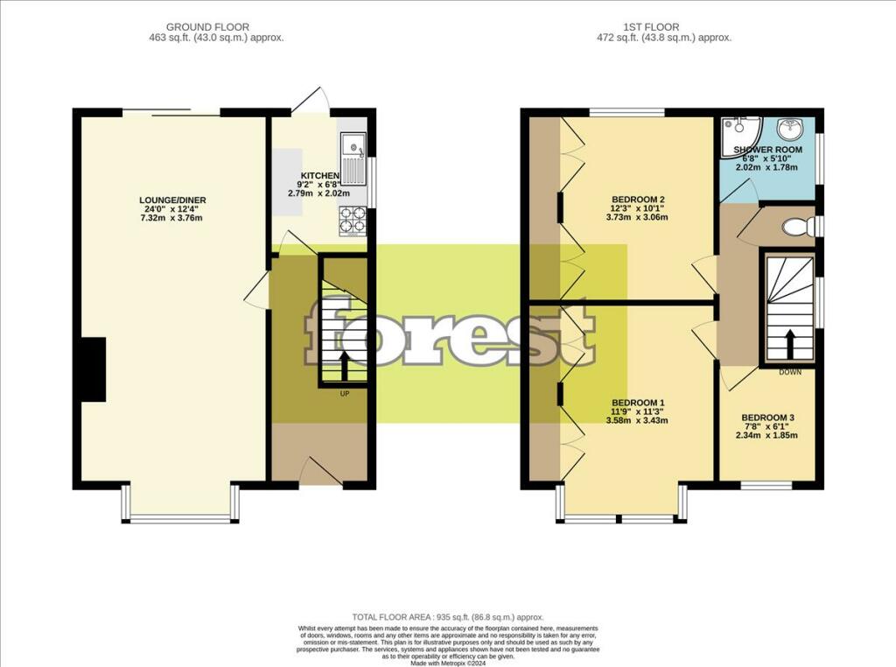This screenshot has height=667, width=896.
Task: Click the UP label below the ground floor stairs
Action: click(x=345, y=393)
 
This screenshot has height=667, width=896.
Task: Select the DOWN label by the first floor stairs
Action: click(x=791, y=371)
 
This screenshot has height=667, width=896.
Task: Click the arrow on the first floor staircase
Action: click(x=790, y=343)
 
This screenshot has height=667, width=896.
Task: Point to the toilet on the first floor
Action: click(x=797, y=228)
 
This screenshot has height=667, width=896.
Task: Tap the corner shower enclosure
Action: click(x=736, y=136)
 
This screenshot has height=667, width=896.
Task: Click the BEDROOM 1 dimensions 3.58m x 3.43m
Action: click(x=637, y=420)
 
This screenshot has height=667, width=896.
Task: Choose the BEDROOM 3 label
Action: click(x=767, y=418)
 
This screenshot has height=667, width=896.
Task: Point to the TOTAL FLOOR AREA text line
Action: click(x=447, y=616)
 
